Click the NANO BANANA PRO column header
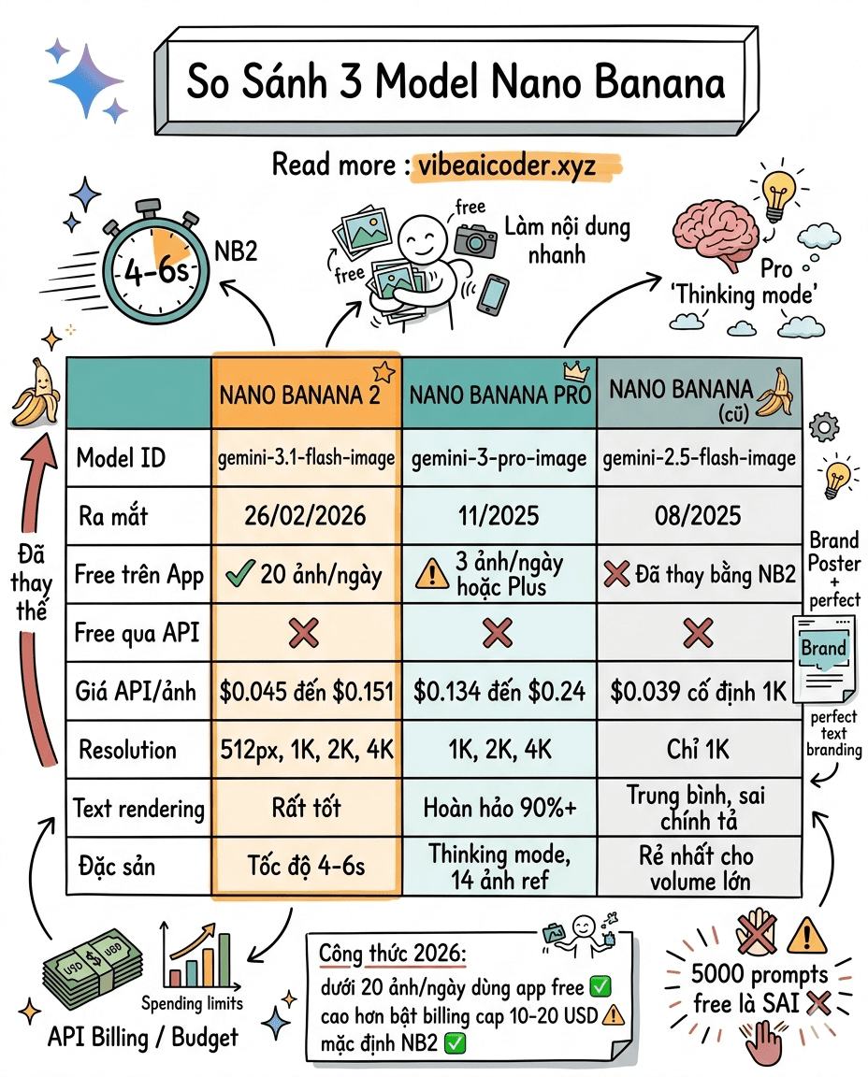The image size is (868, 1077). pos(499,394)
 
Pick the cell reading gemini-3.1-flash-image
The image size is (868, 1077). pos(307,457)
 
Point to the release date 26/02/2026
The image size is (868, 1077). pos(307,515)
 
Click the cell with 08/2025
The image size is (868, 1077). pos(699,515)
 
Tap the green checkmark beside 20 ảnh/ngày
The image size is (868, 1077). pos(241,574)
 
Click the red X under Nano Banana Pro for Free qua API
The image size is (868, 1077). pos(497,634)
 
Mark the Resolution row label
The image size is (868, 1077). pos(127,750)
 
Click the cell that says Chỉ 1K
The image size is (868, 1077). pos(699,750)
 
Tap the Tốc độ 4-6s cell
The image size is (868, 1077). pos(307,866)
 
